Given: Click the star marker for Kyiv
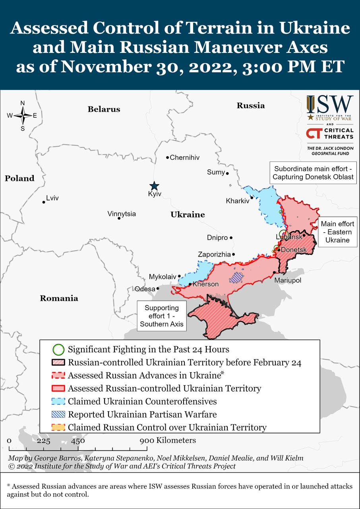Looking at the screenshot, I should click(x=154, y=186).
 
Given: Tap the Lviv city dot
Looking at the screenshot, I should click(x=44, y=202).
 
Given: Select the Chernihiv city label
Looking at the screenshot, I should click(x=184, y=157).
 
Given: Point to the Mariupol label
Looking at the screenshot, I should click(x=288, y=280).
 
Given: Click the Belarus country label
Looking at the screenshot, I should click(x=104, y=109).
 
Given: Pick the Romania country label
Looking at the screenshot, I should click(x=59, y=298).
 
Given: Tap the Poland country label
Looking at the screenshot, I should click(x=19, y=178).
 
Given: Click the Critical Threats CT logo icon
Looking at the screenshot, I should click(x=314, y=134).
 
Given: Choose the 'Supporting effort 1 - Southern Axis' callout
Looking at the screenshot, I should click(x=161, y=316).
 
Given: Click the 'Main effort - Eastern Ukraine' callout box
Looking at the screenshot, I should click(x=337, y=232).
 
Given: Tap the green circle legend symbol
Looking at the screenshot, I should click(x=58, y=350).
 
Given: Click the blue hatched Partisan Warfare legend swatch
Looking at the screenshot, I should click(x=58, y=414).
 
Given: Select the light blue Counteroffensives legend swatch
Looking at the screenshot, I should click(x=58, y=401).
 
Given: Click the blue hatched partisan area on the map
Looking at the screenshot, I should click(x=237, y=277).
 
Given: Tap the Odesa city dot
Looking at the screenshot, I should click(x=158, y=289).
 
